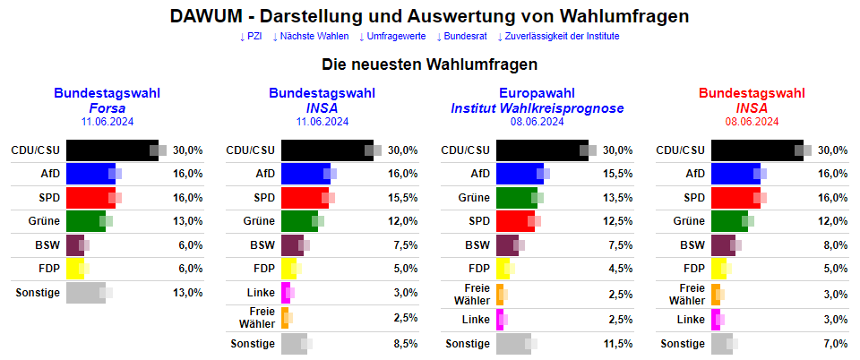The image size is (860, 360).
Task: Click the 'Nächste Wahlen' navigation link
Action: pos(310,37)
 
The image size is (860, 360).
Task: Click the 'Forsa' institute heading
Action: pos(107,108)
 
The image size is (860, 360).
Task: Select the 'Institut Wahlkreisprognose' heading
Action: pos(537,108)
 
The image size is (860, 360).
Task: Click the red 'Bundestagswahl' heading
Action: pos(752,93)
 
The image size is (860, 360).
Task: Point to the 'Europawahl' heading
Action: pos(537,93)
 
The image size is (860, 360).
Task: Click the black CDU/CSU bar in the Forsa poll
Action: pos(111,150)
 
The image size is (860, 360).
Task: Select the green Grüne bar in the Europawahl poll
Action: pos(516,197)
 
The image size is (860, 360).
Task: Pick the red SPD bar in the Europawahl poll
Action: pos(514,220)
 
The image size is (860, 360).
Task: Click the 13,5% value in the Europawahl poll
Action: pos(618,197)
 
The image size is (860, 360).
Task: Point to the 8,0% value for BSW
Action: pos(833,244)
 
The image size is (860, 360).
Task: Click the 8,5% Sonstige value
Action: pos(404,343)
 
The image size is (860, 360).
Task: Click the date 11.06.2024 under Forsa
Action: pos(107,121)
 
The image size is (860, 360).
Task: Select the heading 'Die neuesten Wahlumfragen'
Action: pos(429,64)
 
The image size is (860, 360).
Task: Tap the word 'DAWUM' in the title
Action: pos(205,17)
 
